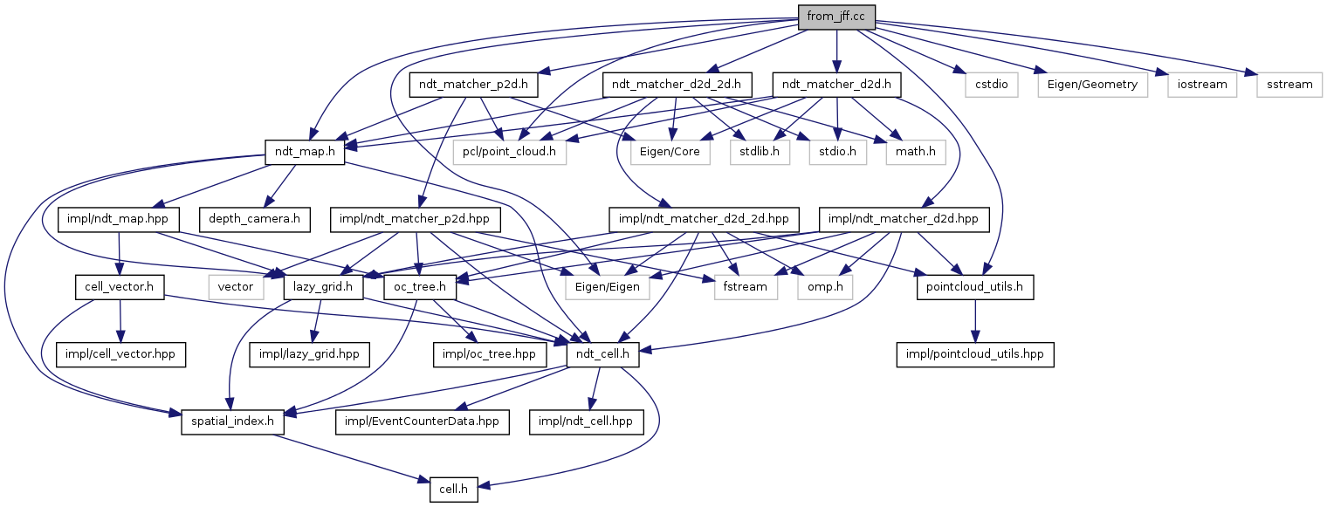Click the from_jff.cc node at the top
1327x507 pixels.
coord(835,17)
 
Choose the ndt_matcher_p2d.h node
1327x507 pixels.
coord(473,85)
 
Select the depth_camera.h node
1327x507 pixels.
coord(254,218)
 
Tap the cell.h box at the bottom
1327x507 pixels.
coord(452,490)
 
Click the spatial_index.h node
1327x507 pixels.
coord(228,423)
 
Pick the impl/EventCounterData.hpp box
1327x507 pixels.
coord(422,423)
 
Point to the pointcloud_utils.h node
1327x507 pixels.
coord(975,286)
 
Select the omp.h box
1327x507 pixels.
coord(824,286)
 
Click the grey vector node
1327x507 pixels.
coord(236,286)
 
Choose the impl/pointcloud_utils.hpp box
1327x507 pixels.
coord(975,355)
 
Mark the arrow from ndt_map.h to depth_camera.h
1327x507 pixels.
coord(281,187)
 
